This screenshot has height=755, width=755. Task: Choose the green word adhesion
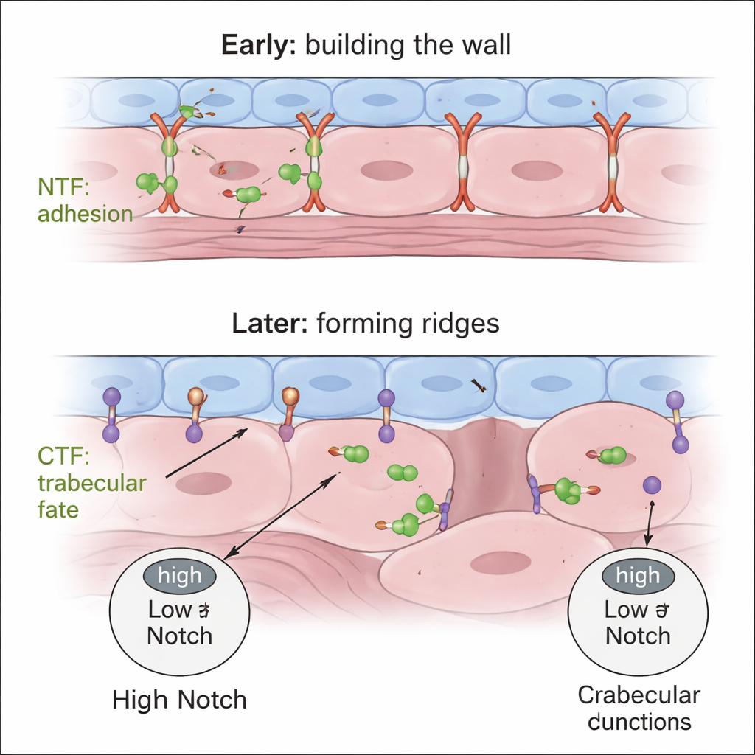(85, 215)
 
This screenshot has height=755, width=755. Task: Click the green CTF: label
(63, 457)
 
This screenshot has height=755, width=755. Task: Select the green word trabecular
(91, 484)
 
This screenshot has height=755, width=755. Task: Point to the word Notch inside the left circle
(179, 636)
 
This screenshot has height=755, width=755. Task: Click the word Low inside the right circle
(625, 610)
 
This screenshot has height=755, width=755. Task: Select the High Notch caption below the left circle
(179, 700)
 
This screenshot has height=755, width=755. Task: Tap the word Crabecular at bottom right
(639, 695)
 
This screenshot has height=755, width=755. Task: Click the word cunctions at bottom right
(639, 721)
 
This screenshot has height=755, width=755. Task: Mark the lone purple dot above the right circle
(652, 484)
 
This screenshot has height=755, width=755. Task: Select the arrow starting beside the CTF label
(206, 453)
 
